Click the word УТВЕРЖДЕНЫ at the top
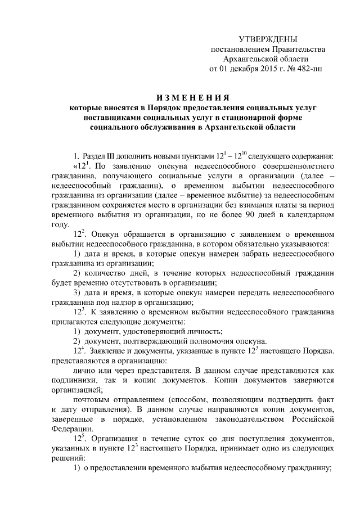267,39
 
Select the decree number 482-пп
309,69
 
